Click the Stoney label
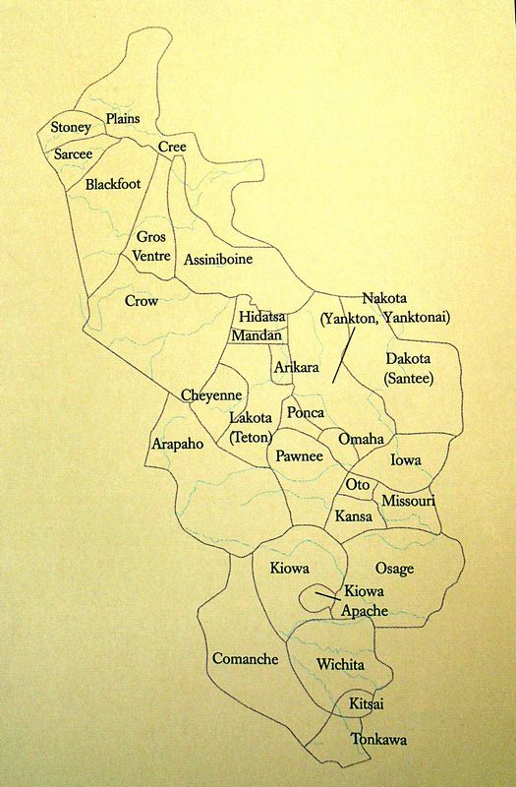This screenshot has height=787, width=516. click(x=71, y=128)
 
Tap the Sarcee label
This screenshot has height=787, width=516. click(x=74, y=155)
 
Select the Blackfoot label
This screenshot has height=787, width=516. click(x=112, y=184)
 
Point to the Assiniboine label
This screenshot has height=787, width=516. click(x=218, y=260)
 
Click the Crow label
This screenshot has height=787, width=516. click(x=142, y=301)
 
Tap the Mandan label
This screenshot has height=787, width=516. click(x=258, y=335)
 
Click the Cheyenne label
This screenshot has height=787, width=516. click(x=211, y=395)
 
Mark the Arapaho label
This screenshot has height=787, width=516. click(x=178, y=445)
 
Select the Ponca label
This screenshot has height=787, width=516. click(x=306, y=414)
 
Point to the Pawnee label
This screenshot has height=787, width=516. click(x=299, y=456)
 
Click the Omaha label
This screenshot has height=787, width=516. click(x=361, y=439)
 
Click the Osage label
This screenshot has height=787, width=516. click(x=395, y=569)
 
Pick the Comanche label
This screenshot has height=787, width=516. click(x=245, y=659)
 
